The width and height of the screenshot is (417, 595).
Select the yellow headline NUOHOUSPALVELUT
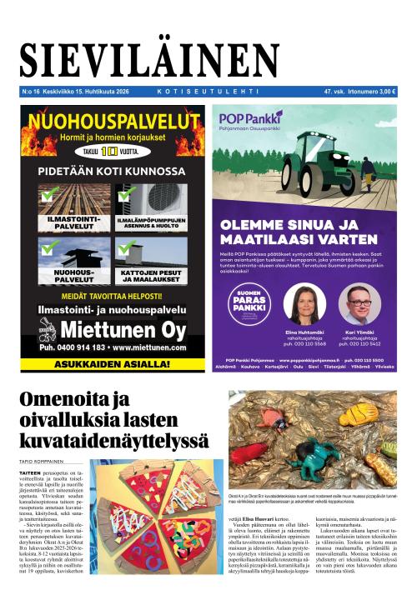pyautogui.click(x=106, y=122)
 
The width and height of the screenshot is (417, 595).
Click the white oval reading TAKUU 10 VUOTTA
pyautogui.click(x=107, y=152)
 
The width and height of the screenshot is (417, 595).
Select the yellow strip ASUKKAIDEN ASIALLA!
pyautogui.click(x=107, y=363)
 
